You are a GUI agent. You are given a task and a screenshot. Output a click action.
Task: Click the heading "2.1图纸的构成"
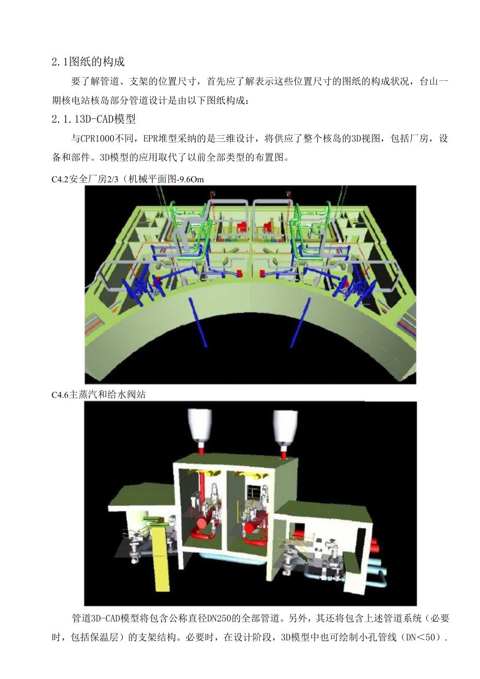tap(88, 62)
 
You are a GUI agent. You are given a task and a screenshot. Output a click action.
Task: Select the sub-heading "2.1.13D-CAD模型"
tap(93, 119)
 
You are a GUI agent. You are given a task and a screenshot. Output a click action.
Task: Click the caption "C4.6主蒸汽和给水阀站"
tap(99, 395)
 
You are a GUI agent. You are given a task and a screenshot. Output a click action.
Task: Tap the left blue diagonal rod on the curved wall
tap(198, 322)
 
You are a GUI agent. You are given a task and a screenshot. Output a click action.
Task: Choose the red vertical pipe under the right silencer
tap(284, 450)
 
